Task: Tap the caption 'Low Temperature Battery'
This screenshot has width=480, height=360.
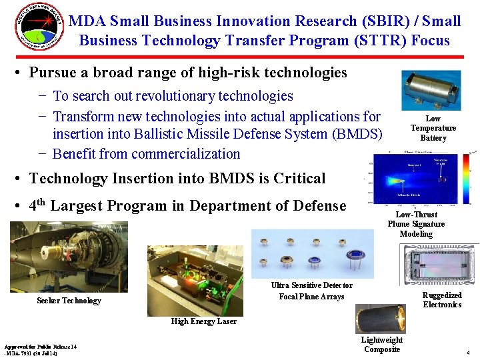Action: click(x=433, y=129)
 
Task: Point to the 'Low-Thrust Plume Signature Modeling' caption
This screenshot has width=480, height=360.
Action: click(x=416, y=224)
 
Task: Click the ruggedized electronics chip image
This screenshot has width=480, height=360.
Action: click(x=439, y=266)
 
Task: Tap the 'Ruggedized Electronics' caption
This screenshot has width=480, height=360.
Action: click(x=442, y=300)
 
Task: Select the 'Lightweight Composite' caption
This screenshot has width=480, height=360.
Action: click(x=382, y=345)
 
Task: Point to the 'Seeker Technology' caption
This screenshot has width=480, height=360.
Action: click(x=69, y=301)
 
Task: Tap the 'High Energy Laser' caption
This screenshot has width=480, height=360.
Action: click(x=203, y=321)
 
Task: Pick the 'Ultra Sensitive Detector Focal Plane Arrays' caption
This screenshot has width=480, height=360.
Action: click(x=311, y=291)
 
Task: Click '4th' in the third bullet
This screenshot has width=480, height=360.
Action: click(x=37, y=205)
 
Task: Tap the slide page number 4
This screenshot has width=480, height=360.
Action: click(x=469, y=352)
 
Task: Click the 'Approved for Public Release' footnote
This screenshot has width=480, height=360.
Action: click(x=41, y=350)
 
